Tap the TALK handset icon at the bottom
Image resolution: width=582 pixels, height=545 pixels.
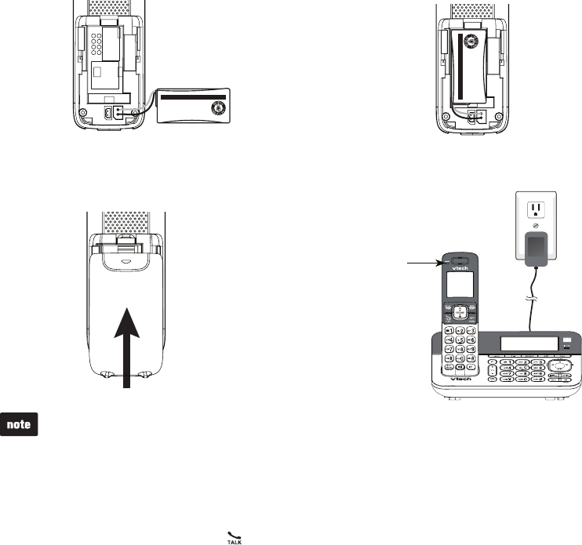point(233,536)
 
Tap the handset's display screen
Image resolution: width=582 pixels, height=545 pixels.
point(460,282)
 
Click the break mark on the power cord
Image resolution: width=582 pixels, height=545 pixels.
point(531,299)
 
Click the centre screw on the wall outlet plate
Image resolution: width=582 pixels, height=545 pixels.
point(537,224)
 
